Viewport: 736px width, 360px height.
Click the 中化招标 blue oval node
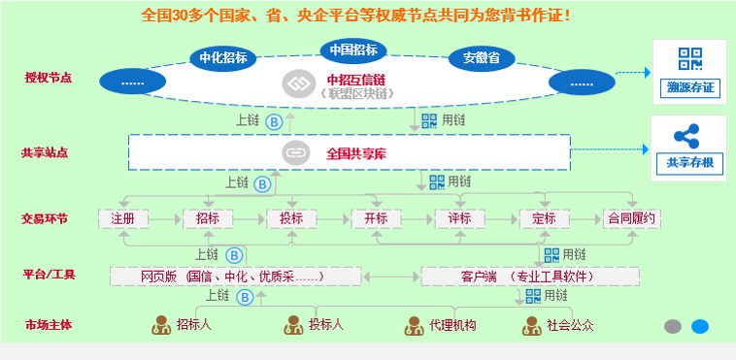coord(223,58)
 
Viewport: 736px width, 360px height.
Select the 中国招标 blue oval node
coord(352,49)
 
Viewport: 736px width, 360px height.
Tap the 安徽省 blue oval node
coord(481,58)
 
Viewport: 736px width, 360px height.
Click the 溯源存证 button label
coord(689,89)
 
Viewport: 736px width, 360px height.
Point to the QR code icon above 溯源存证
coord(689,60)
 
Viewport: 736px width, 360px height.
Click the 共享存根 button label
coord(689,162)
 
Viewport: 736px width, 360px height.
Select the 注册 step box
coord(123,218)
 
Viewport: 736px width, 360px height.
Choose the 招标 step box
coord(208,218)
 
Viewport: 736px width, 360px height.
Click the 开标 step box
coord(376,218)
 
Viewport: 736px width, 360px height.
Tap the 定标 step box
coord(544,218)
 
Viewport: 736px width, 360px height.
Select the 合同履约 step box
coord(632,218)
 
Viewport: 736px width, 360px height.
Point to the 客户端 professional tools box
coord(529,277)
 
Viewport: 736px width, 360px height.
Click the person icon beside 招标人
coord(161,324)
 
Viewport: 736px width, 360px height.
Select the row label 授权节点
coord(49,77)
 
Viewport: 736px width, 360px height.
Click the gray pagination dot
coord(672,326)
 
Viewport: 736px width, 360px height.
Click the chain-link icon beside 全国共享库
coord(294,152)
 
